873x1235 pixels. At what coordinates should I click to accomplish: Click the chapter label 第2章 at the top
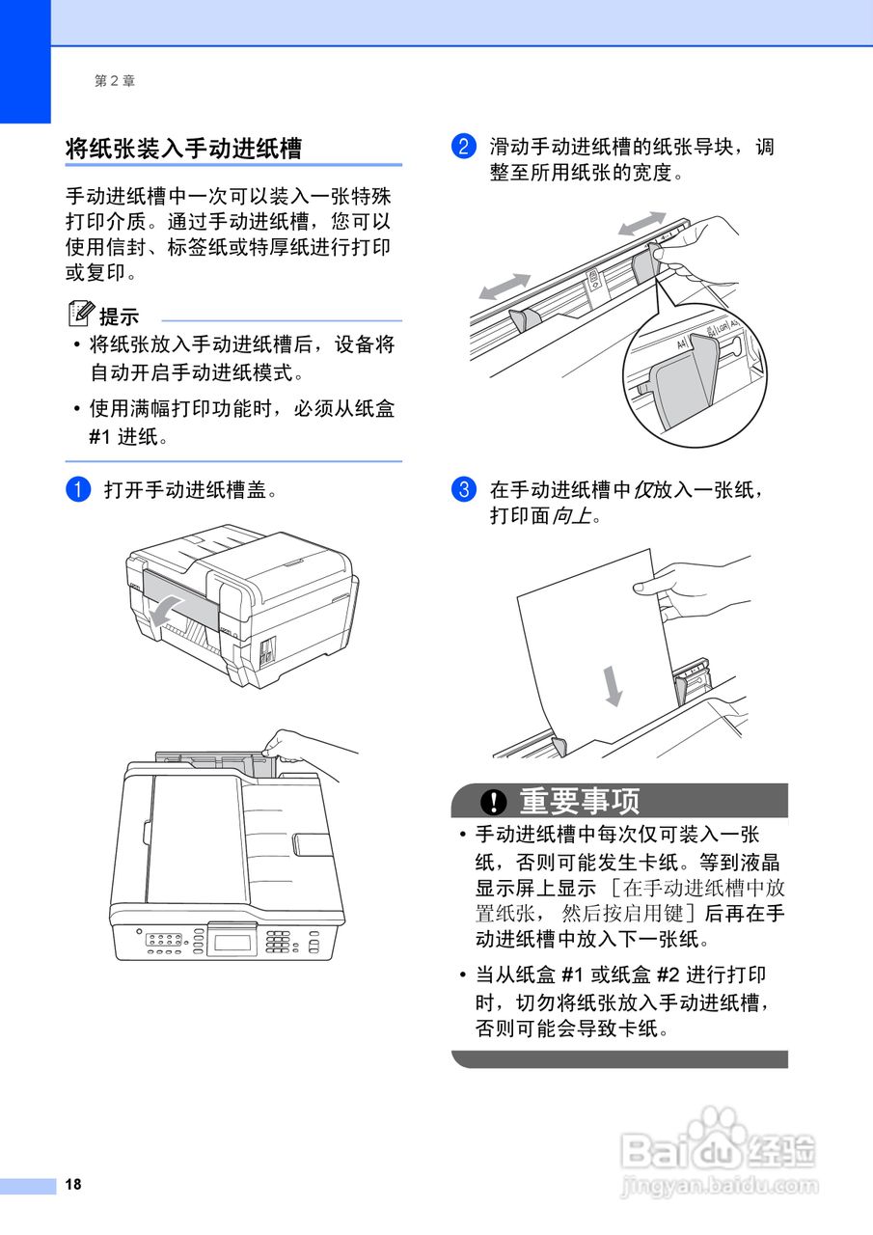[x=115, y=81]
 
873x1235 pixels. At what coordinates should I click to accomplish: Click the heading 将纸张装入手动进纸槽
[x=183, y=148]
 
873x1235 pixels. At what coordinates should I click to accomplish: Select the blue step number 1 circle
[x=77, y=489]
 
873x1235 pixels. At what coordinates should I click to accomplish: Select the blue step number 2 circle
[x=463, y=148]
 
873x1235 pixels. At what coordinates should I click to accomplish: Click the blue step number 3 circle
[x=463, y=489]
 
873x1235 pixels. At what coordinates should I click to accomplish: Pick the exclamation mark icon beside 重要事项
[x=494, y=802]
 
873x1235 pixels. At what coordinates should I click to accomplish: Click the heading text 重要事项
[x=579, y=801]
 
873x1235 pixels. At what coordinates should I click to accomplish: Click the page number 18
[x=73, y=1185]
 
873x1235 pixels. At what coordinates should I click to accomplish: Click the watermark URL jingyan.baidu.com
[x=719, y=1185]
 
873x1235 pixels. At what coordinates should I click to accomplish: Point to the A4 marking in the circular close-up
[x=683, y=343]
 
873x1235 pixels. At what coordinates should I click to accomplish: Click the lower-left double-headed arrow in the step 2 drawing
[x=505, y=287]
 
